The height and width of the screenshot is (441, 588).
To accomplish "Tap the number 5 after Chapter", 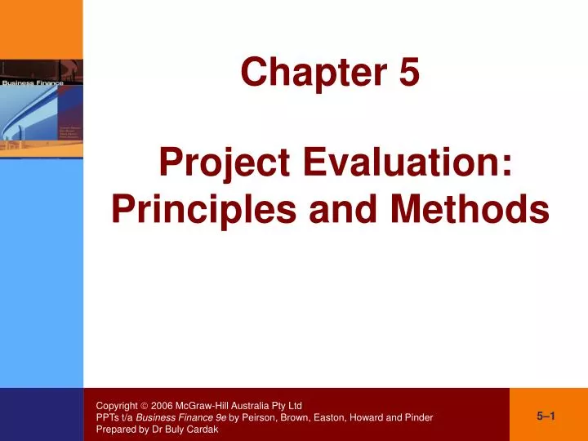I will click(409, 73).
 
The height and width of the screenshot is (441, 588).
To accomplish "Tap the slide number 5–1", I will click(546, 416).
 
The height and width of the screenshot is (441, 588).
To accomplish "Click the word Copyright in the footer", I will click(115, 405).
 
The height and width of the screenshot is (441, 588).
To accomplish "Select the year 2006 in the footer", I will click(162, 405).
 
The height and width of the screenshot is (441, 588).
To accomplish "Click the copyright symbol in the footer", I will click(144, 405).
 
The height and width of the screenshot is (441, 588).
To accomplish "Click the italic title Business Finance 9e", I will click(181, 417).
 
